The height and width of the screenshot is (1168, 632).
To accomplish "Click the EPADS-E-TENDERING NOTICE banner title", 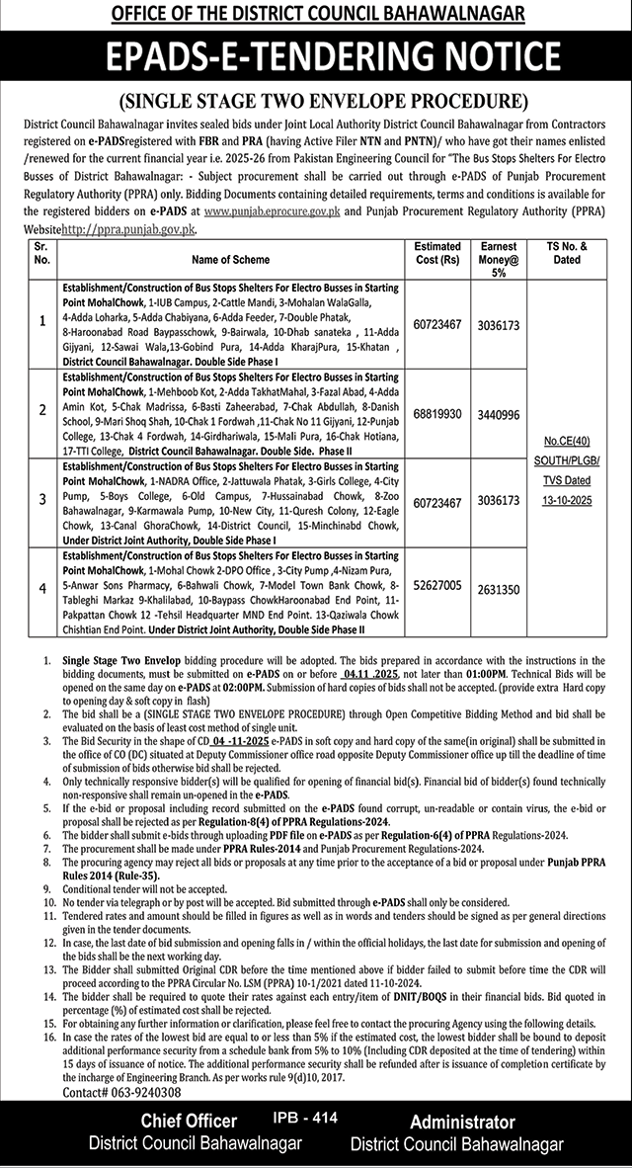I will click(x=316, y=61).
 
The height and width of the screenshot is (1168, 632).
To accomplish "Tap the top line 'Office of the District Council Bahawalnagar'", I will click(x=316, y=14).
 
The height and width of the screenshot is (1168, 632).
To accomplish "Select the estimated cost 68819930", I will click(x=437, y=413).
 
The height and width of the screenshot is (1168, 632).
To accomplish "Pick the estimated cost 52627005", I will click(x=437, y=586).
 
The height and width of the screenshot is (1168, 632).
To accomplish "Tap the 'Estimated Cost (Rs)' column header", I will click(x=437, y=253).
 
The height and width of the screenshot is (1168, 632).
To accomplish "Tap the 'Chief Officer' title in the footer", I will click(x=188, y=1122).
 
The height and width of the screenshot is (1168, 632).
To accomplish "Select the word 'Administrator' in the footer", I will click(x=462, y=1123).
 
